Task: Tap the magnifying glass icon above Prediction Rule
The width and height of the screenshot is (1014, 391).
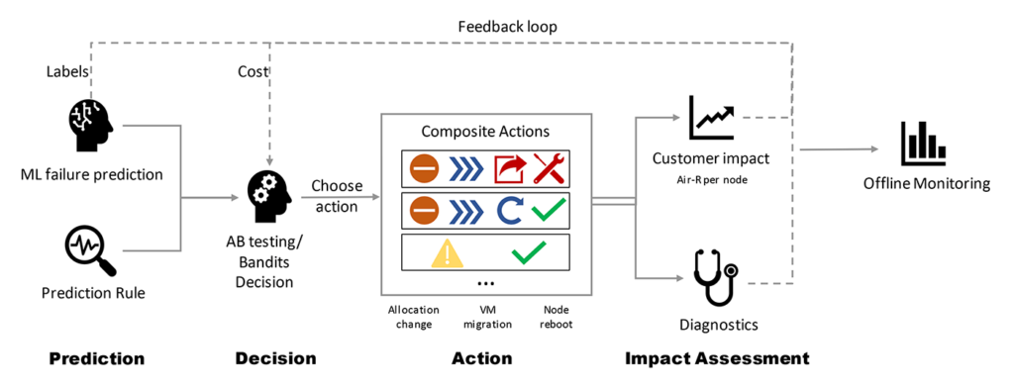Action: coord(90,248)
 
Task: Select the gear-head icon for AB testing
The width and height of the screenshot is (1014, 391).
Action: coord(267,192)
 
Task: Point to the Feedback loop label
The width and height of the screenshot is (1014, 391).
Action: coord(506,26)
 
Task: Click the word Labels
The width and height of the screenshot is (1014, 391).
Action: coord(67,71)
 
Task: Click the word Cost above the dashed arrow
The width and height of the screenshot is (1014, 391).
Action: coord(253,71)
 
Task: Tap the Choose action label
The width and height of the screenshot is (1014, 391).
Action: coord(337,195)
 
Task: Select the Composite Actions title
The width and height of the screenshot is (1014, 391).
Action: coord(484,131)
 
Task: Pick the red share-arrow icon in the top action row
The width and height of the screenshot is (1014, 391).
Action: coord(509,168)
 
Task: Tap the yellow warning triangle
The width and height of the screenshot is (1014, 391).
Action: coord(448,252)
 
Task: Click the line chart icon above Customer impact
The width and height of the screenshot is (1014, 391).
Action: coord(712,118)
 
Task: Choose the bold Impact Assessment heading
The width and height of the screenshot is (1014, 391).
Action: coord(717,358)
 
